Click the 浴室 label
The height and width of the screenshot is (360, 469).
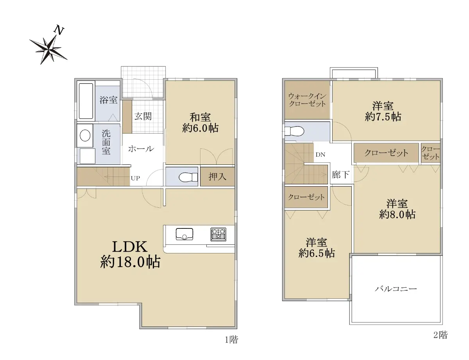pos(108,100)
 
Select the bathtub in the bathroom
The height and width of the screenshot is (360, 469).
pos(86,101)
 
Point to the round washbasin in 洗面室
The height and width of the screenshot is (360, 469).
pos(85,135)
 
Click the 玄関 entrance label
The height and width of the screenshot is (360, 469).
pos(143,116)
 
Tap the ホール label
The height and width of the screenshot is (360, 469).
pos(141,149)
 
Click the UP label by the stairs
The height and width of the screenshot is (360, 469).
pos(135,178)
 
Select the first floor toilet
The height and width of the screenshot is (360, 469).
pos(188,177)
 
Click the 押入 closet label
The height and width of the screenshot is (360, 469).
pos(217,176)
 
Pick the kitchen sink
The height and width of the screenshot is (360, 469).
pos(184,234)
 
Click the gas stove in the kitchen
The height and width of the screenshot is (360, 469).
pos(218,234)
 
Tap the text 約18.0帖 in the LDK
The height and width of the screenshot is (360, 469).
pos(130,262)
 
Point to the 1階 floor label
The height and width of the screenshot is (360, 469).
pos(231,340)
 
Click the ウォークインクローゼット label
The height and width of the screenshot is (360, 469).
pos(307,100)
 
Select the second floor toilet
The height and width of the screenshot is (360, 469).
pos(294,131)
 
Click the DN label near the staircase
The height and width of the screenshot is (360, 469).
pos(320,155)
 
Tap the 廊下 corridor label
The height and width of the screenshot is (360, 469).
pos(340,175)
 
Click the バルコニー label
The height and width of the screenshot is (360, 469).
pos(396,289)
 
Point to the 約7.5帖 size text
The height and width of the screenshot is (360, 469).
pos(383,117)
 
